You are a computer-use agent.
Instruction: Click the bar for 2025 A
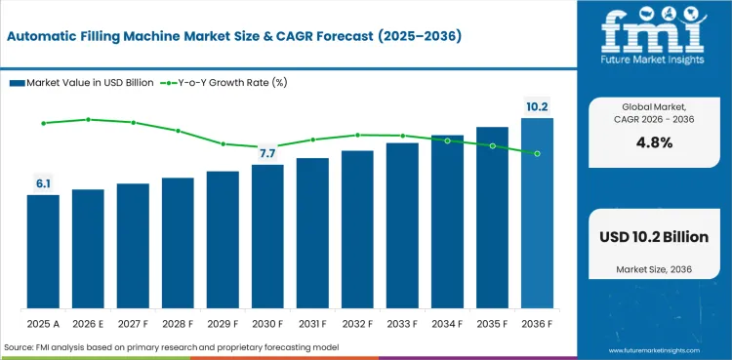tap(43, 251)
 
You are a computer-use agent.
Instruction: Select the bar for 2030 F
tap(267, 236)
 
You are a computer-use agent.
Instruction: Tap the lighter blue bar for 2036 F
tap(537, 213)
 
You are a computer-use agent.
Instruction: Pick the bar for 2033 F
tap(402, 225)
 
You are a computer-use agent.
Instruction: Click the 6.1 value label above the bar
tap(43, 184)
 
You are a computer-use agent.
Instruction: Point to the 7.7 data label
tap(267, 153)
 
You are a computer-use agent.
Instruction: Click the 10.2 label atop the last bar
tap(537, 107)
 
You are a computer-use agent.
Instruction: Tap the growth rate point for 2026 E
tap(88, 120)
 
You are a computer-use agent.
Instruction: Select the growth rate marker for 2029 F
tap(224, 143)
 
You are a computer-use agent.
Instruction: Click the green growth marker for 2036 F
tap(538, 153)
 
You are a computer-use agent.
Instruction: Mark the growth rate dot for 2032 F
tap(357, 135)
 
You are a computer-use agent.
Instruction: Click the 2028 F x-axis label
tap(178, 324)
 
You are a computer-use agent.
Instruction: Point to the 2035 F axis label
tap(492, 324)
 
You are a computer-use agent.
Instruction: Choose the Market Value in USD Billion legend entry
tap(82, 83)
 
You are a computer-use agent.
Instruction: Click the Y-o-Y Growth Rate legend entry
tap(224, 83)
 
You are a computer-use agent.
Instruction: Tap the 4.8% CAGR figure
tap(655, 142)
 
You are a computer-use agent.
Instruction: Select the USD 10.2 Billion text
tap(654, 237)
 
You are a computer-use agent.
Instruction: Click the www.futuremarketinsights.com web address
tap(655, 350)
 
